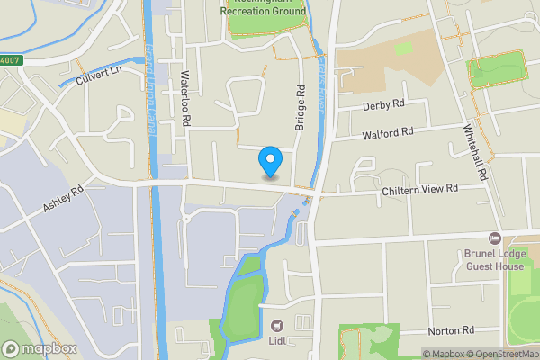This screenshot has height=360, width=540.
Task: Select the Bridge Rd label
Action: (x=301, y=107)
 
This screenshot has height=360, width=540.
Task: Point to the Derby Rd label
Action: (x=383, y=105)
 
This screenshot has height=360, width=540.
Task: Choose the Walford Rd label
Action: (x=388, y=133)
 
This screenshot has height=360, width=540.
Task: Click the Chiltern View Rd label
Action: (x=419, y=189)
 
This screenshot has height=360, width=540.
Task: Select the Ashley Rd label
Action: (x=63, y=200)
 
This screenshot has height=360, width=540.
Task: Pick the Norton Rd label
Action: (x=451, y=331)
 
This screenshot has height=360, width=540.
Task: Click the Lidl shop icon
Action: (x=275, y=325)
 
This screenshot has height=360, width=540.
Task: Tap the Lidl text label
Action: (x=276, y=340)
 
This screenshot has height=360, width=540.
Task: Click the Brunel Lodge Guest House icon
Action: (x=494, y=238)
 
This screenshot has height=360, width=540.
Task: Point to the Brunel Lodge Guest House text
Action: (x=494, y=260)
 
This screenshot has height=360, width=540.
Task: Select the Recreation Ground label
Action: (x=267, y=12)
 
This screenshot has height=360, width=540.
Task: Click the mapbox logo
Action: (x=40, y=348)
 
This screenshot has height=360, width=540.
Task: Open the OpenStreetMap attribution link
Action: (x=500, y=354)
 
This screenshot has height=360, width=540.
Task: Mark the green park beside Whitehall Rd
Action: (x=494, y=70)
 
